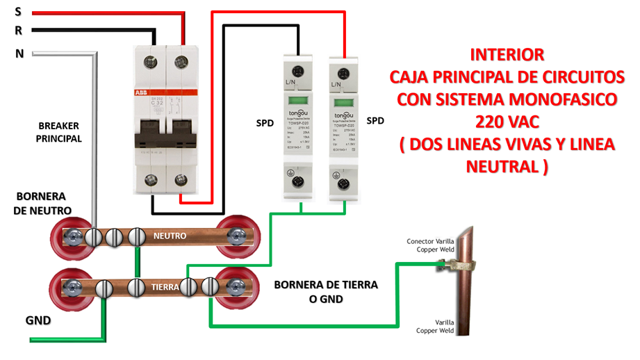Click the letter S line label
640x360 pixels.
click(17, 11)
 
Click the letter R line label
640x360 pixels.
click(18, 31)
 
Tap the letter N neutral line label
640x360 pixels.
click(19, 53)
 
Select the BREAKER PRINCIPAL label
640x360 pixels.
click(59, 132)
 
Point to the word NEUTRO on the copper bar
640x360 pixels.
click(170, 236)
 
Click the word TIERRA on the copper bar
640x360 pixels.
click(167, 286)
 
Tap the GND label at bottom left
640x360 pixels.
click(38, 320)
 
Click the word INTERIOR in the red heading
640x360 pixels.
click(506, 54)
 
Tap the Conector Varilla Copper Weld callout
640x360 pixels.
click(429, 245)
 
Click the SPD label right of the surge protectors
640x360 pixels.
click(375, 120)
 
